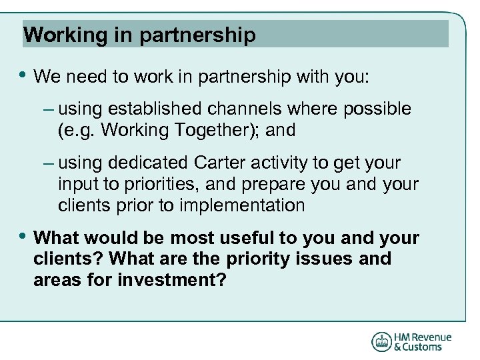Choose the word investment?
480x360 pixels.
171,281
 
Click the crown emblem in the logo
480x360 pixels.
381,341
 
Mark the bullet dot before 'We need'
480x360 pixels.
23,76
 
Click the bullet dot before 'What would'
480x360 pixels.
23,237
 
